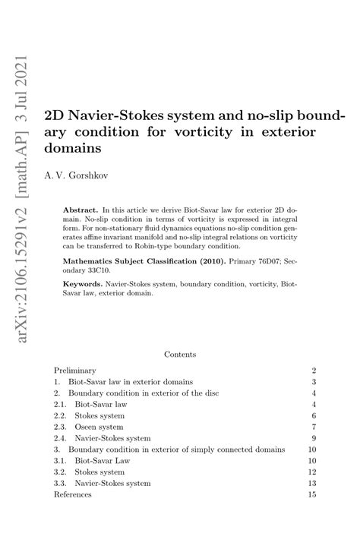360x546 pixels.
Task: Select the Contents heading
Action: (180, 354)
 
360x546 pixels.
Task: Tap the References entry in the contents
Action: (73, 494)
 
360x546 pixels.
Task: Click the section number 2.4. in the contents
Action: (60, 438)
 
